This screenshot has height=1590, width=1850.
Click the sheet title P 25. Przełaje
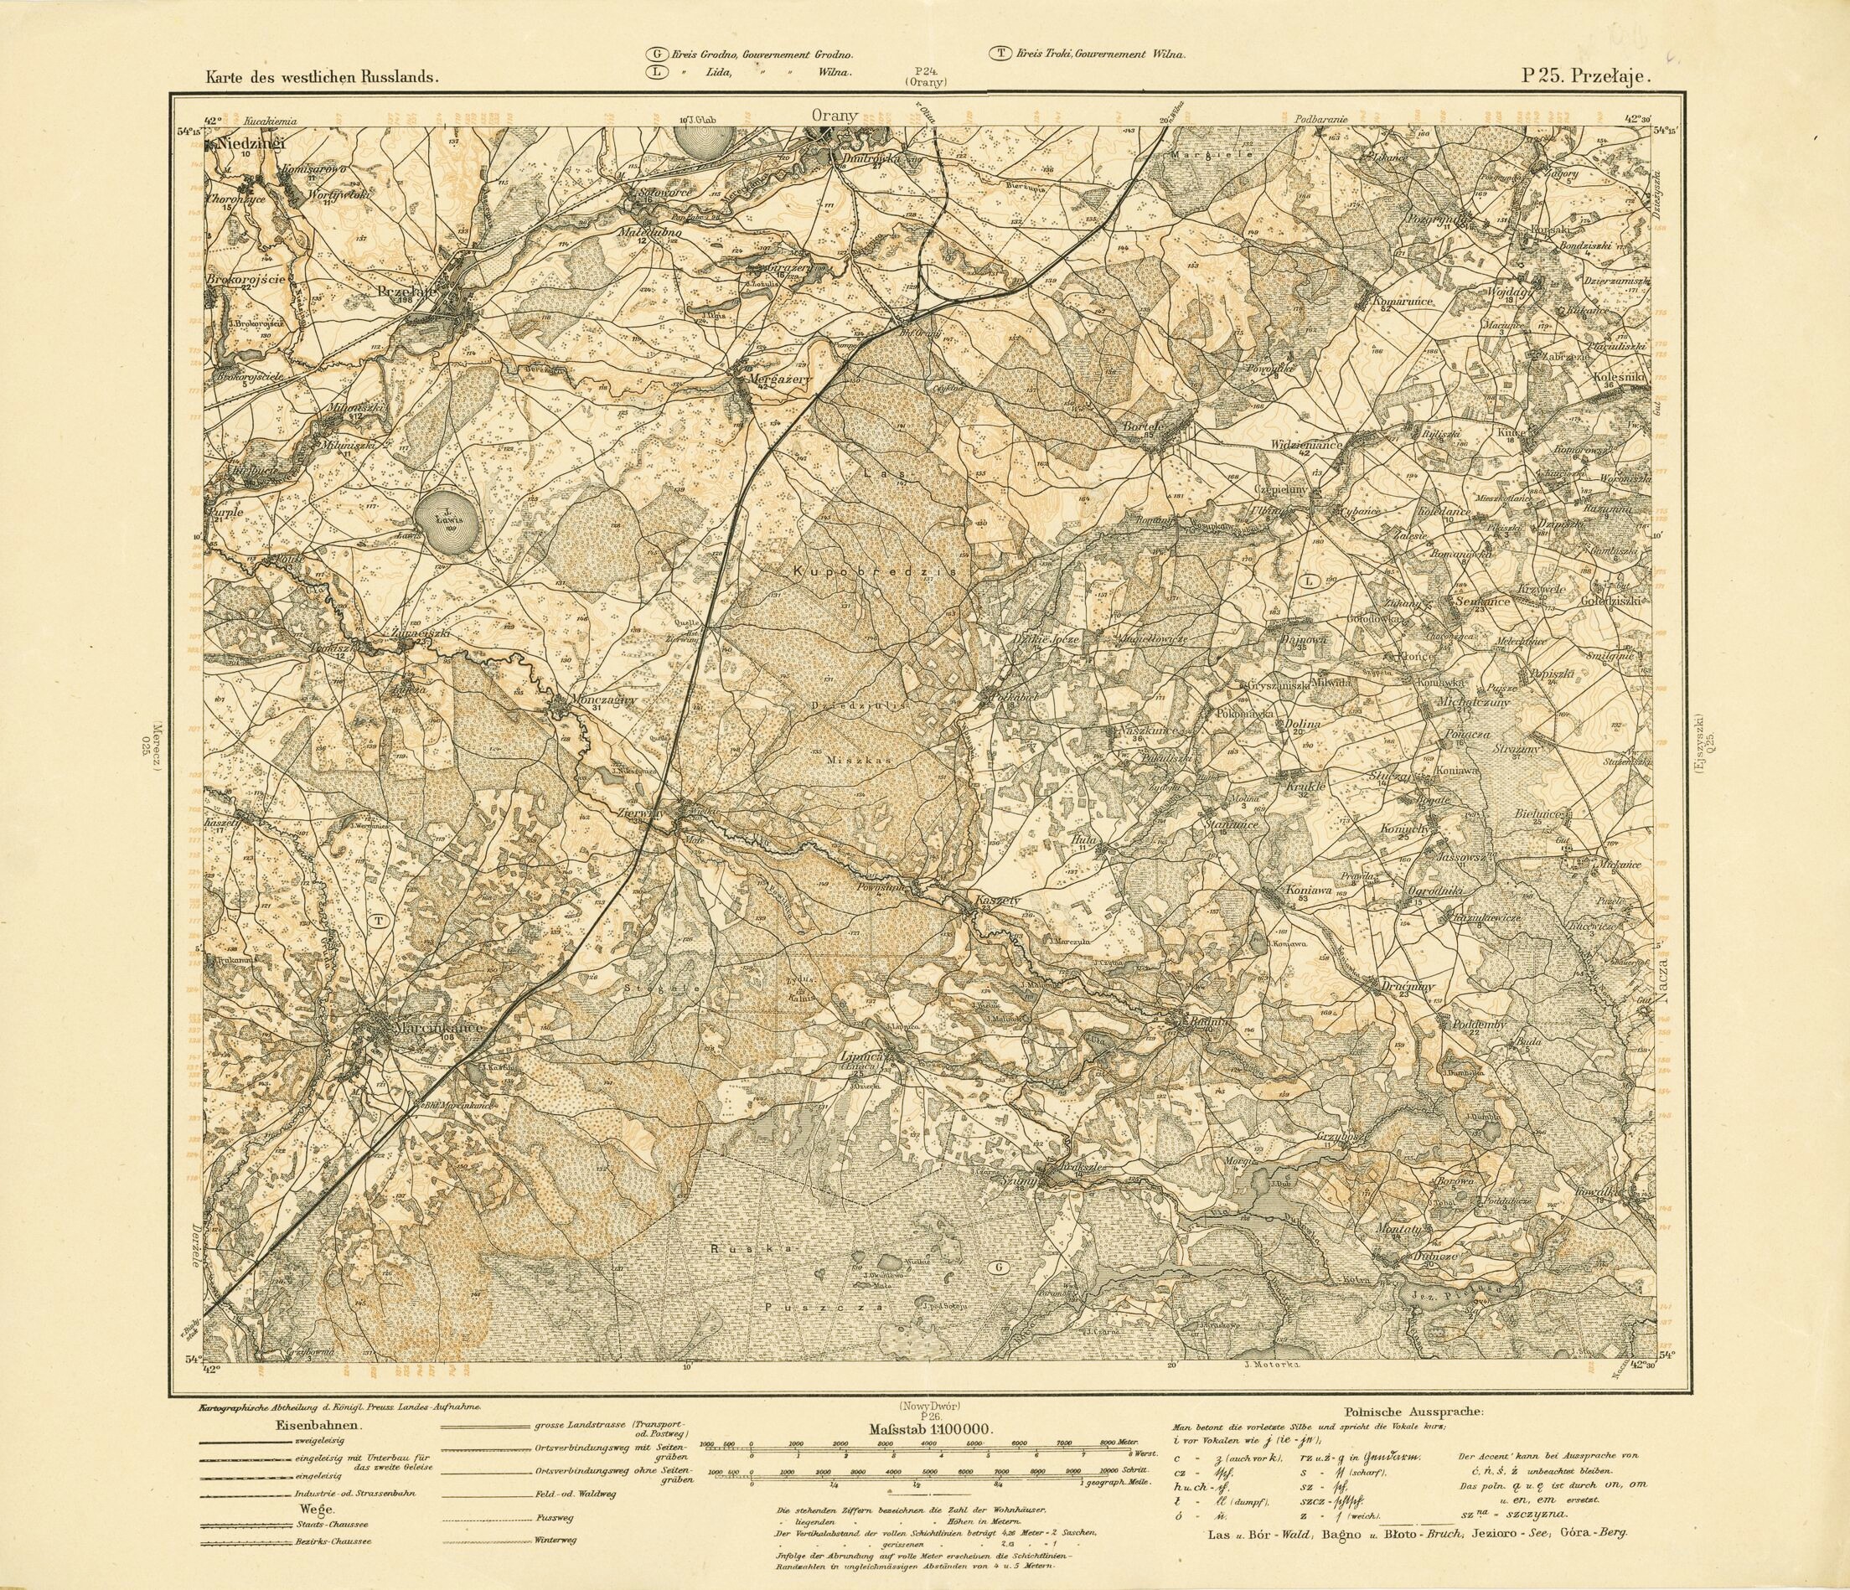(x=1586, y=77)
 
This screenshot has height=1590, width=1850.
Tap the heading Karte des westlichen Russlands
(x=324, y=78)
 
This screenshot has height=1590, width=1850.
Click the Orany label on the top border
(x=835, y=115)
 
